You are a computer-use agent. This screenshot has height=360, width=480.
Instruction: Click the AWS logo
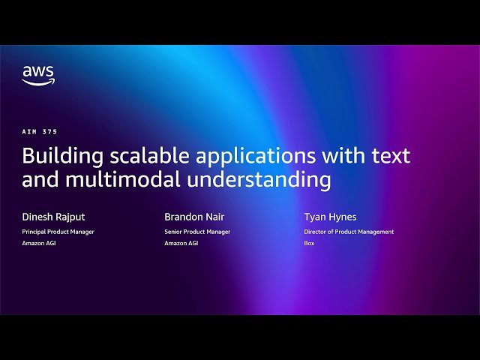pos(37,75)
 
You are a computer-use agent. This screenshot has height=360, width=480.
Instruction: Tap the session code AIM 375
pos(40,132)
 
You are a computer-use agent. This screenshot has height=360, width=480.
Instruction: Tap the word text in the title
pos(391,156)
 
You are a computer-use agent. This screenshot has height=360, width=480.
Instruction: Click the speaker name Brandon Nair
pos(195,217)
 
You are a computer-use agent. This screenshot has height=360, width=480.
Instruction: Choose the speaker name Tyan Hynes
pos(330,217)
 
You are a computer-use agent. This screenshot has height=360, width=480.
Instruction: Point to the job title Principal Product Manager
pos(58,232)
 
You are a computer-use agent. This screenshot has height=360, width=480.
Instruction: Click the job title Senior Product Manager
pos(197,232)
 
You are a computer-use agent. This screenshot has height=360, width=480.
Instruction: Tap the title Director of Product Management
pos(349,232)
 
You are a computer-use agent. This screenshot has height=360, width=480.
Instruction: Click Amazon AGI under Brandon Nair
pos(181,243)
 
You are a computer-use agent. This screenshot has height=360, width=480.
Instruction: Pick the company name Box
pos(309,243)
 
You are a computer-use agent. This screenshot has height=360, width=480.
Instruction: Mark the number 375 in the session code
pos(50,132)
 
